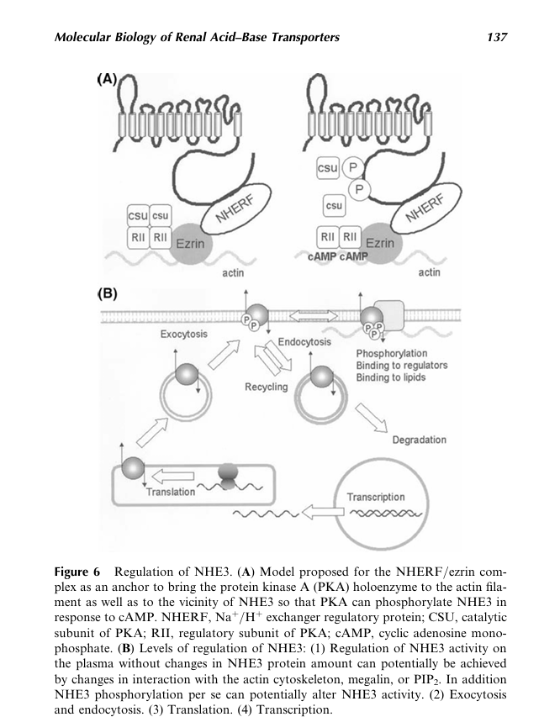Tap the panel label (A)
point(107,79)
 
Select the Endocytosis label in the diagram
point(304,342)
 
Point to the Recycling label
point(266,387)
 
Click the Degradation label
point(420,440)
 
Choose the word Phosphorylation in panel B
point(392,353)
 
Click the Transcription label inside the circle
point(376,497)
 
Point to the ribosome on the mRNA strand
point(228,476)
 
